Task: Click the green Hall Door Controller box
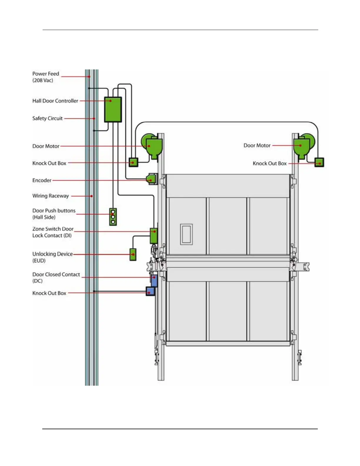click(x=113, y=109)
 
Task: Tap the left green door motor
click(x=152, y=146)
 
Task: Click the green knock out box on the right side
click(x=319, y=162)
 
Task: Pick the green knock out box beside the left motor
click(x=134, y=162)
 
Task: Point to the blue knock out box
click(x=150, y=291)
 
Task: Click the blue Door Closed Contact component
click(x=154, y=280)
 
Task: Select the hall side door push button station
click(x=113, y=217)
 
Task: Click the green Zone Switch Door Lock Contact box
click(x=154, y=236)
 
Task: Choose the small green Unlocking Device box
click(x=133, y=254)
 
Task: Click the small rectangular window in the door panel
click(x=186, y=234)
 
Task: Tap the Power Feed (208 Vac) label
click(x=46, y=77)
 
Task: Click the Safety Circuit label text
click(x=47, y=118)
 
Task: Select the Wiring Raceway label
click(x=51, y=196)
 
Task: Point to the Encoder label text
click(x=42, y=180)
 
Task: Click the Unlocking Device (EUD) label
click(x=52, y=257)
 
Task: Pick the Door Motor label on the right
click(x=257, y=145)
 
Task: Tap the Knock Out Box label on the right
click(x=269, y=164)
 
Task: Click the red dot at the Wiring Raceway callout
click(x=92, y=196)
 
